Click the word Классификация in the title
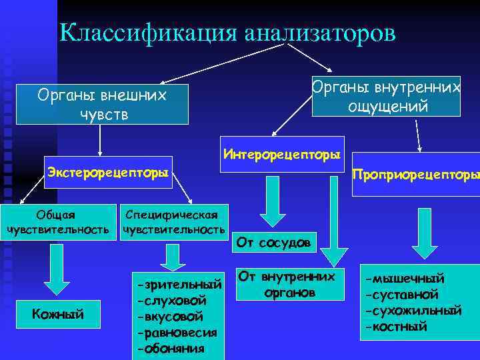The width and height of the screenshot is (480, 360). pyautogui.click(x=147, y=34)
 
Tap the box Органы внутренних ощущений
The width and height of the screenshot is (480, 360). pyautogui.click(x=387, y=97)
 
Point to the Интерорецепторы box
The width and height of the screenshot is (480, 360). pyautogui.click(x=282, y=155)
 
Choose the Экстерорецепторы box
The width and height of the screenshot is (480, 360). pyautogui.click(x=107, y=174)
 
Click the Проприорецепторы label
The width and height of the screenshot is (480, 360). pyautogui.click(x=415, y=174)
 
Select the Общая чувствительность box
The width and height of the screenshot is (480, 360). pyautogui.click(x=57, y=222)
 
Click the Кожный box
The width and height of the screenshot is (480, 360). pyautogui.click(x=59, y=314)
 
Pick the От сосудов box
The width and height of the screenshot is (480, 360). pyautogui.click(x=273, y=243)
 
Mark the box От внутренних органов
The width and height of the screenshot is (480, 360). pyautogui.click(x=287, y=284)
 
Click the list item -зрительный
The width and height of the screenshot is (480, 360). pyautogui.click(x=178, y=285)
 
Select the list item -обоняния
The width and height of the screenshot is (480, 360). pyautogui.click(x=173, y=348)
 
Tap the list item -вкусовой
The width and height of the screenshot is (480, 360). pyautogui.click(x=170, y=317)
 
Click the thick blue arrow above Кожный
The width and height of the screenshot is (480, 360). pyautogui.click(x=59, y=270)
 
